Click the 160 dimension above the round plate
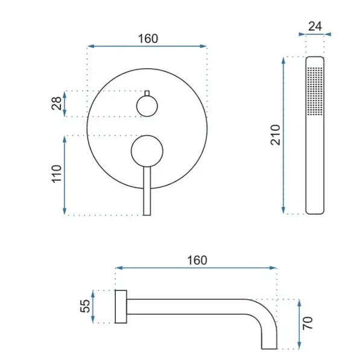click(148, 39)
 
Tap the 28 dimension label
click(57, 103)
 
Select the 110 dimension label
click(57, 174)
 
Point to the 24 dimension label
click(315, 27)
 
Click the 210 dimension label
click(276, 134)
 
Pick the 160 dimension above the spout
click(197, 261)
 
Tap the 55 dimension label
click(85, 306)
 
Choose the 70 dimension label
click(308, 323)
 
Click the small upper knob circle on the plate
click(147, 106)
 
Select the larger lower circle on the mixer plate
click(147, 151)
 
